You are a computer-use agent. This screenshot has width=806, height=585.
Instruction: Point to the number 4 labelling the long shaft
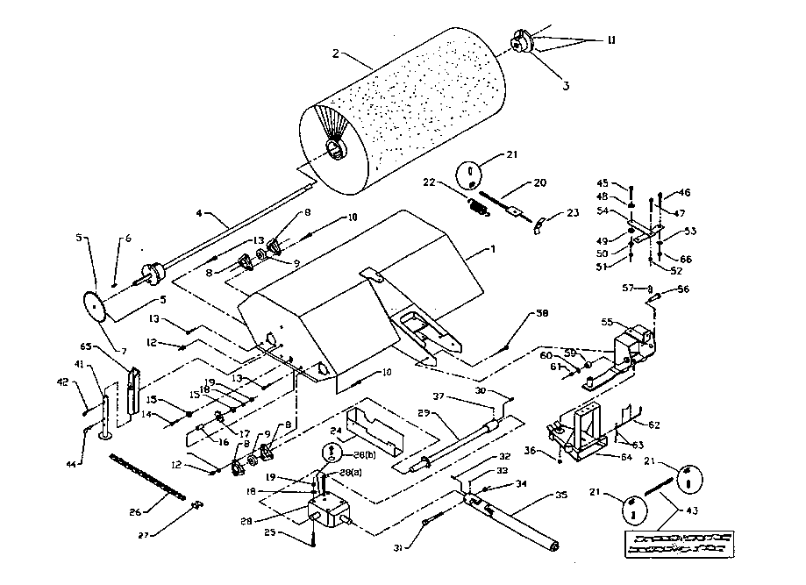[199, 212]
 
